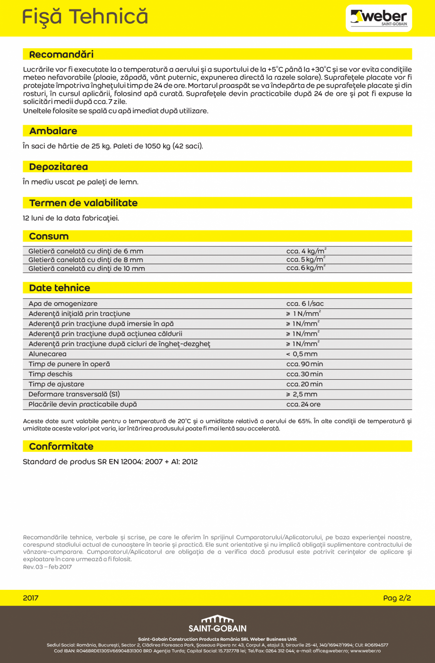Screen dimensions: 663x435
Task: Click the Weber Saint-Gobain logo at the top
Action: [x=379, y=18]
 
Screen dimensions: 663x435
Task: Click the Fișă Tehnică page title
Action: [x=85, y=17]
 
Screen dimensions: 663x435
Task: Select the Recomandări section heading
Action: [x=61, y=54]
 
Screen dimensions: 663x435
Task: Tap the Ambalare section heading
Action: [x=53, y=131]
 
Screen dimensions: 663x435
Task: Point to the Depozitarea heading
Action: [x=58, y=167]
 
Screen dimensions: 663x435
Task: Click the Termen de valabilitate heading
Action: [x=83, y=203]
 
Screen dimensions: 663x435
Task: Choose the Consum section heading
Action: [x=49, y=236]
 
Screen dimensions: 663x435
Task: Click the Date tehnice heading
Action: [x=60, y=288]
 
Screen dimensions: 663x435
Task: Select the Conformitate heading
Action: [x=61, y=446]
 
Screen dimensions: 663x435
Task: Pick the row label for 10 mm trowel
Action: [x=87, y=269]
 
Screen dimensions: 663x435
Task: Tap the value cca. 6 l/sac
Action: [x=305, y=304]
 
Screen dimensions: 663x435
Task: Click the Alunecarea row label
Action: [x=47, y=354]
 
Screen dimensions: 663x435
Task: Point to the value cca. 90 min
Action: [x=304, y=364]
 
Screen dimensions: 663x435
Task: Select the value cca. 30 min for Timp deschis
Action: [x=304, y=374]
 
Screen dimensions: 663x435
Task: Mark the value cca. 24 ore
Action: [x=303, y=404]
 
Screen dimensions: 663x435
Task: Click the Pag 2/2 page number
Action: [x=397, y=598]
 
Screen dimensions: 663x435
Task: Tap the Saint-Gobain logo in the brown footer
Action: [x=217, y=623]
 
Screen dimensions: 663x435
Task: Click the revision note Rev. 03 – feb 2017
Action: [x=47, y=567]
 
